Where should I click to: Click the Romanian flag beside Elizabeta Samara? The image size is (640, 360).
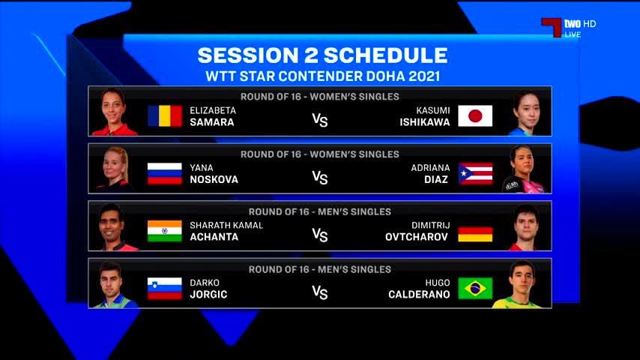click(164, 116)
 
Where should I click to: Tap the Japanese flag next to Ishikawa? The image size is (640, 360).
click(475, 116)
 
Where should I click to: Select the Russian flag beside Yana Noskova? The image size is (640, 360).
click(164, 174)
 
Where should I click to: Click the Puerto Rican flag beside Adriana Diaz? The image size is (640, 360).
click(475, 174)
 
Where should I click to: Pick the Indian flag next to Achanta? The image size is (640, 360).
click(164, 231)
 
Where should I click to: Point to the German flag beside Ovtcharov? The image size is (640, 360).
click(475, 234)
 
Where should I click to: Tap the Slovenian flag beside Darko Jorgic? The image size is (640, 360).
click(164, 289)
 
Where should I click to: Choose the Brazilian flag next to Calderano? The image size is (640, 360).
click(475, 289)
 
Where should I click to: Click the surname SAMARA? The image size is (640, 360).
click(212, 122)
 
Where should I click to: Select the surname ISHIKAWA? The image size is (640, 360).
click(424, 122)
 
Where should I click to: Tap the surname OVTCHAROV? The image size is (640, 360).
click(417, 237)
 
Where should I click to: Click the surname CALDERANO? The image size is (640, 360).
click(419, 295)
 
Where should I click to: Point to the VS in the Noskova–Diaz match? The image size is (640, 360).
click(320, 178)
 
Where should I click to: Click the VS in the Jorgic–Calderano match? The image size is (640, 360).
click(320, 292)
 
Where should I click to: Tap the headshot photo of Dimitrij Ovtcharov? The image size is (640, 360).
click(526, 227)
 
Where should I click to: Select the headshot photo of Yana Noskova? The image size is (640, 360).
click(115, 169)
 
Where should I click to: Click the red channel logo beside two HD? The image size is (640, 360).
click(552, 27)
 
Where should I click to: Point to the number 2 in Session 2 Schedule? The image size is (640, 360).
click(310, 55)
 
